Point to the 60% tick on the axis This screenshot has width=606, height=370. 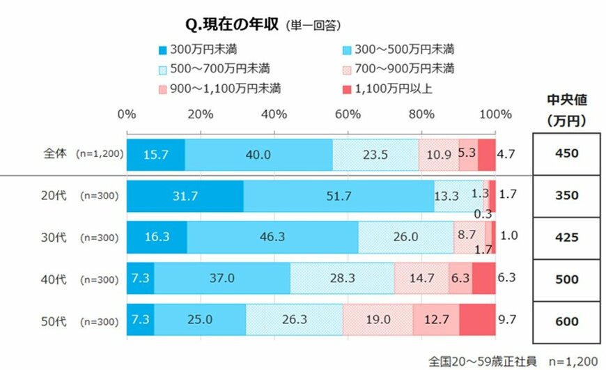(x=348, y=114)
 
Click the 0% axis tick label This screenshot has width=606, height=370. (x=127, y=114)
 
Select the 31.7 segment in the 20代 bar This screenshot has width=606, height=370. (x=185, y=196)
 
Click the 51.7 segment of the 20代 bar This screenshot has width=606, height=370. (x=339, y=196)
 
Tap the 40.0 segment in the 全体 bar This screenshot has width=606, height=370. (x=258, y=154)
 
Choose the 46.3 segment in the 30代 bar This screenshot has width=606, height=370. (x=272, y=236)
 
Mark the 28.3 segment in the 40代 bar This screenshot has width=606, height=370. (x=341, y=278)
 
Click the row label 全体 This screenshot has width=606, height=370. (x=54, y=154)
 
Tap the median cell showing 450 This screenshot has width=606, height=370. (x=567, y=154)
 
